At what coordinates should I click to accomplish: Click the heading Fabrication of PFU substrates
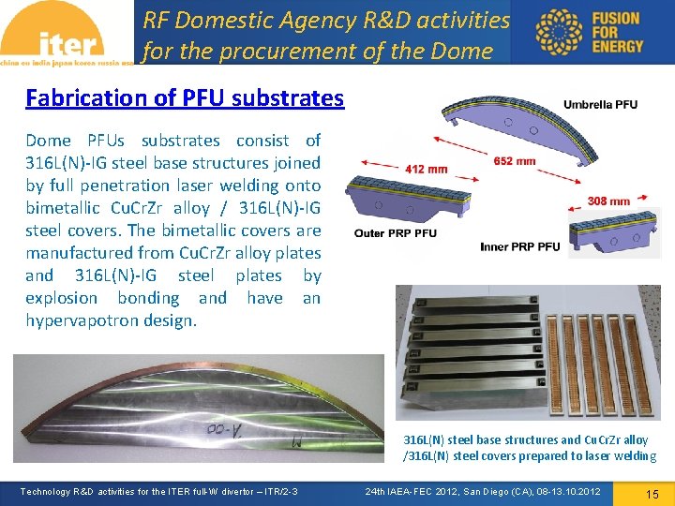(185, 97)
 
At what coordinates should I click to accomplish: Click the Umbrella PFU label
(600, 105)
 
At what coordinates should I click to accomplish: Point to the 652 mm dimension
(514, 161)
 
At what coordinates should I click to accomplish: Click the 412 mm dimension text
(427, 170)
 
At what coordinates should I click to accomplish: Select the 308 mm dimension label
(608, 201)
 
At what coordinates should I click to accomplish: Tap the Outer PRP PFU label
(395, 233)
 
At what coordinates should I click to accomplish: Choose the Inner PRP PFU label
(519, 246)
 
